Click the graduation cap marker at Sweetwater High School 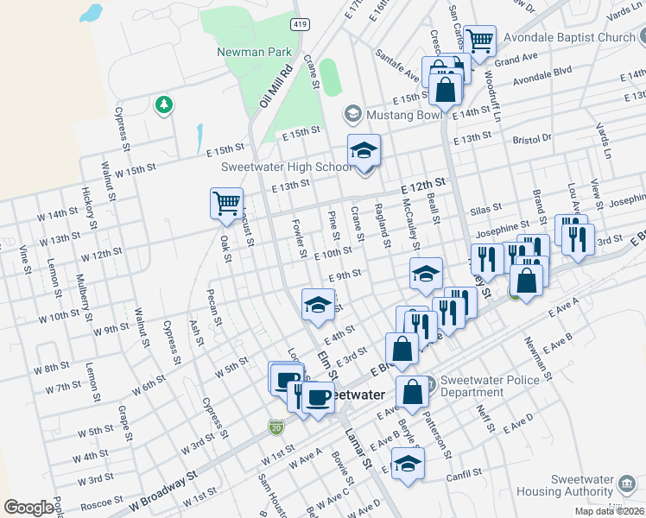pos(364,151)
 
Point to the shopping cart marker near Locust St pos(226,204)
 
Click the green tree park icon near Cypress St pos(163,105)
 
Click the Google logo pos(28,508)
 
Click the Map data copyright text pos(609,511)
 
